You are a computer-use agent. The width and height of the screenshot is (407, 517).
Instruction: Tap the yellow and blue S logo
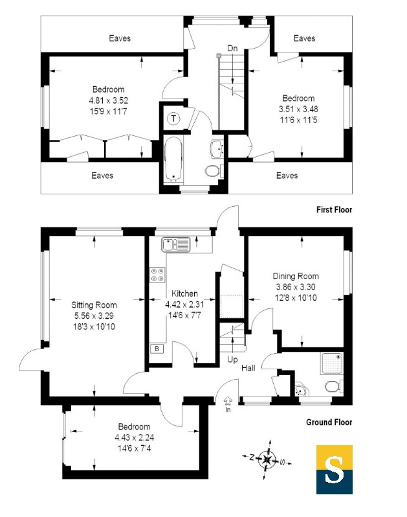[x=334, y=470]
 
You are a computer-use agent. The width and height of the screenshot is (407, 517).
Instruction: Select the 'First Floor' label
[x=334, y=209]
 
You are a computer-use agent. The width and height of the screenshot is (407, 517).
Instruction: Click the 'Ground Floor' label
[x=329, y=422]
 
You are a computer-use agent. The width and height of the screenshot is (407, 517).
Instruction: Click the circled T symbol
[x=173, y=119]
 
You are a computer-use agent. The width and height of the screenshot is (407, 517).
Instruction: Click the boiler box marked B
[x=157, y=349]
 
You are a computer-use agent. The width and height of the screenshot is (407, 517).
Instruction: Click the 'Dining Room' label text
[x=295, y=276]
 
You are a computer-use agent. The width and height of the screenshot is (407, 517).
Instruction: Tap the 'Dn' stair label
[x=232, y=47]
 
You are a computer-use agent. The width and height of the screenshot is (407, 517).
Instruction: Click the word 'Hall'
[x=248, y=368]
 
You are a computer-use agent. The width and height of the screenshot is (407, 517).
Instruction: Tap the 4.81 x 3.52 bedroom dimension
[x=108, y=100]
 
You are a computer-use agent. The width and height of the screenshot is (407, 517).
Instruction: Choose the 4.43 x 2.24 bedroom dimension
[x=134, y=437]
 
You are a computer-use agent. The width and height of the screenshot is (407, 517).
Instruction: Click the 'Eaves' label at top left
[x=119, y=38]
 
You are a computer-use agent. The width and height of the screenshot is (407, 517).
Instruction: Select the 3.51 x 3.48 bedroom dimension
[x=298, y=109]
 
